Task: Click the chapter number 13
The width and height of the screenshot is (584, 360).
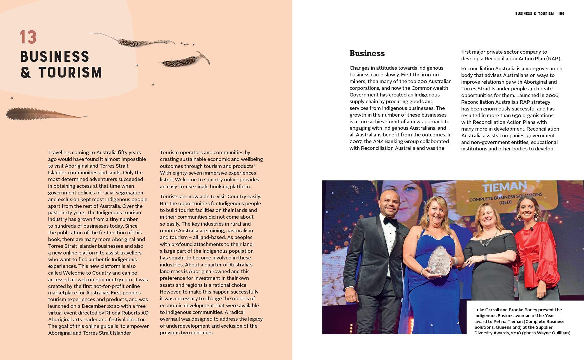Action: tap(28, 37)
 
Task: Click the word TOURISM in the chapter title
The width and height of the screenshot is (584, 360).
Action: tap(70, 72)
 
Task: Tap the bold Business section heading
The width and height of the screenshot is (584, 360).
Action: tap(367, 53)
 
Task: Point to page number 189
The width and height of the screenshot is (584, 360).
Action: tap(561, 14)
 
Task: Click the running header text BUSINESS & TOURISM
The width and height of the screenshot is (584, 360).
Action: tap(534, 14)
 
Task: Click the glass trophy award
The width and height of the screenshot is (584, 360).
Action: tap(439, 261)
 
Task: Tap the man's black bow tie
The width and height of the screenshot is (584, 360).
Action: tap(390, 222)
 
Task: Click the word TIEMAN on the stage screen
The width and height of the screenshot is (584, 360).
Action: tap(504, 187)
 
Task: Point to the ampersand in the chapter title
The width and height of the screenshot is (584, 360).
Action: tap(26, 72)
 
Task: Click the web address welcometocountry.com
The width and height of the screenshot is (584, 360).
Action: tap(105, 280)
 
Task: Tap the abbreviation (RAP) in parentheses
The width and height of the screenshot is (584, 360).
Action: tap(553, 59)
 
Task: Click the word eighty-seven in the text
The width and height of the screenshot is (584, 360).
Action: tap(185, 173)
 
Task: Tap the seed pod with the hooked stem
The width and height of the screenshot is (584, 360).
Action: tap(187, 61)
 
